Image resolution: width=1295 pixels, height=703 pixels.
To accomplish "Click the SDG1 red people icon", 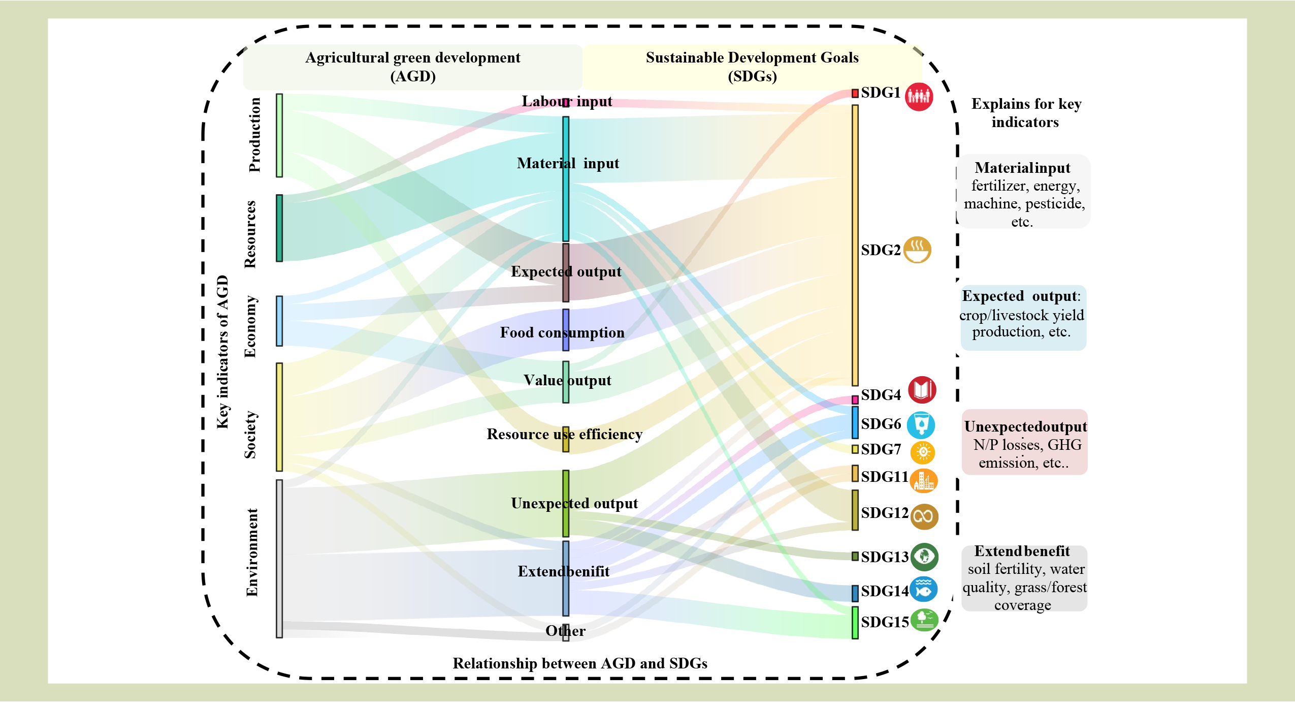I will tap(919, 96).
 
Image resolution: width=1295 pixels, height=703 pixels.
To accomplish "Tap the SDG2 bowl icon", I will tap(917, 250).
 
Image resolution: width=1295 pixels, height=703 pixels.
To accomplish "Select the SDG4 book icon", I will tap(922, 390).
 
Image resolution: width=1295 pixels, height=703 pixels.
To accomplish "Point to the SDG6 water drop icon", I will tap(921, 425).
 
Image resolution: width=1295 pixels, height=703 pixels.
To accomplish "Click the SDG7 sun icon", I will tap(923, 452).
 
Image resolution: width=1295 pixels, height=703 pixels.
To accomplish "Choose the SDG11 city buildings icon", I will tap(923, 481).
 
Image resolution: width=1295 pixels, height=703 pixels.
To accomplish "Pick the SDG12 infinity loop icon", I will tap(924, 516).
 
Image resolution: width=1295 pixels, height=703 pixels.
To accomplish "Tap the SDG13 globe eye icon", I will tap(924, 557).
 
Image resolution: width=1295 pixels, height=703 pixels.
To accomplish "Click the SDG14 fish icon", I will tap(923, 590).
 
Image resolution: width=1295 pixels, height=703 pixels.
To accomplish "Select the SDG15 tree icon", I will tap(924, 620).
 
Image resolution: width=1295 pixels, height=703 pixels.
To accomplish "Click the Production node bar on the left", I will tap(279, 135).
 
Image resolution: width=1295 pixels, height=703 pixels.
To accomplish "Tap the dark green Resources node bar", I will tap(279, 228).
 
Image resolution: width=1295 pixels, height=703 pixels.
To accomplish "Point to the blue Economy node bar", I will tap(279, 321).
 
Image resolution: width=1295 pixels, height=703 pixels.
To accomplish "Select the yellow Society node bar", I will tap(279, 417).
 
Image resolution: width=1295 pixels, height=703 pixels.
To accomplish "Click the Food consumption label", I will tap(562, 332).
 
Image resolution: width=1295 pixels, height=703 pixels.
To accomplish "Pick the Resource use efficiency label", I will tap(564, 434).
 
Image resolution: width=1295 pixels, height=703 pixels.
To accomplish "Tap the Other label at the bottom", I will tap(565, 631).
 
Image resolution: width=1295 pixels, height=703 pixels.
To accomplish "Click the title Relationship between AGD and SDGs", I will tap(580, 663).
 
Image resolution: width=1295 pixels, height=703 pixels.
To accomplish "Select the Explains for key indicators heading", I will tap(1026, 113).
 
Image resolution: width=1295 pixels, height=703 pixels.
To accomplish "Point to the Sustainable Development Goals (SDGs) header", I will tap(752, 67).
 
